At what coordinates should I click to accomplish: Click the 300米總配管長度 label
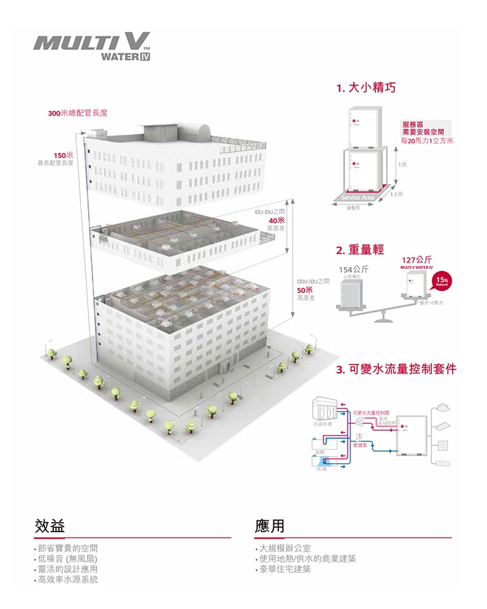point(78,113)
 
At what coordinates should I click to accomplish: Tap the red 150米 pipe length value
point(63,155)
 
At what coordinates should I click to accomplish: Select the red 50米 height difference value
point(305,289)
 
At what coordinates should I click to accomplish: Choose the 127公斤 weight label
point(417,259)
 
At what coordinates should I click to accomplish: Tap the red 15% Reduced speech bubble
point(442,281)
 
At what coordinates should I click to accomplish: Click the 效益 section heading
point(49,526)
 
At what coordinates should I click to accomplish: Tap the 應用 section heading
point(269,526)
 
